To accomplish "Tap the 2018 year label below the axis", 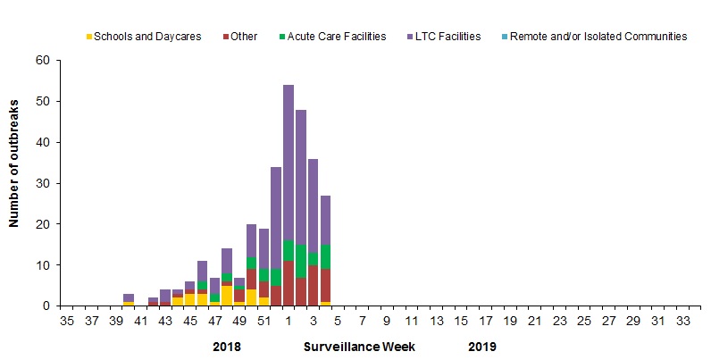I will [x=228, y=345].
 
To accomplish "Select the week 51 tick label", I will [x=264, y=320].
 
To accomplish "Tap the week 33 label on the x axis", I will [x=682, y=320].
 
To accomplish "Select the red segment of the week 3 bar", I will [x=314, y=286].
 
